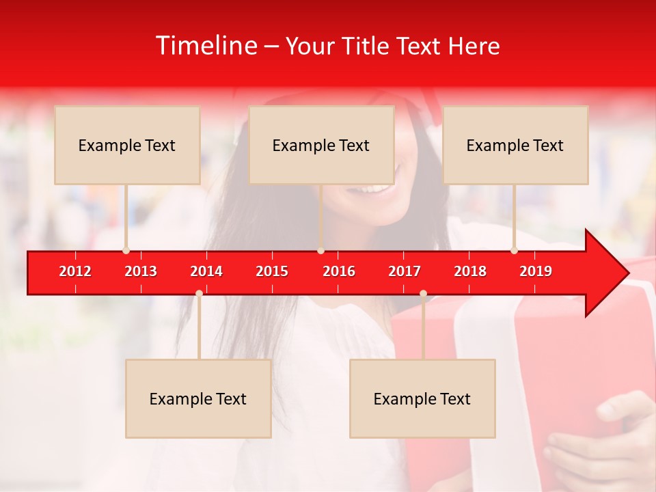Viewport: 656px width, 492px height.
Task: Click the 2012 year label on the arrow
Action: [x=75, y=271]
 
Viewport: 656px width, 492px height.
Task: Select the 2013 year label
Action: [x=141, y=271]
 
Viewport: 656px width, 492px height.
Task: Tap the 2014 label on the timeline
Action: [x=206, y=271]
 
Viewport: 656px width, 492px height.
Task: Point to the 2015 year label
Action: [x=272, y=271]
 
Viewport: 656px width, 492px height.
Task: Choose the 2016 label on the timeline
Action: [x=339, y=271]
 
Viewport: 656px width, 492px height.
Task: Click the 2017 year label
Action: [x=405, y=271]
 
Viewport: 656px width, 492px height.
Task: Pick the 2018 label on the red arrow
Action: [x=470, y=271]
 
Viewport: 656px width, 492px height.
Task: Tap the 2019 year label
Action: [x=536, y=271]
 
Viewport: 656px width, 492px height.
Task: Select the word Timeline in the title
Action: [x=205, y=46]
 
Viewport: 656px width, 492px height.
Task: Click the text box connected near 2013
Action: [x=127, y=145]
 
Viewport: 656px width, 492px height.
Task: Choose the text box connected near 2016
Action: [x=321, y=145]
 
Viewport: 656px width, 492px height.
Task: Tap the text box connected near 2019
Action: [x=515, y=145]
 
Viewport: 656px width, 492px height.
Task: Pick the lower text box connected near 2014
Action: [x=198, y=398]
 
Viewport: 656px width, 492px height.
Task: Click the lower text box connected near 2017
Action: [x=422, y=398]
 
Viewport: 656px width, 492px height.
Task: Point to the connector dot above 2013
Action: [x=126, y=250]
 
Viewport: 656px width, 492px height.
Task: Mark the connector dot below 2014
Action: [x=199, y=293]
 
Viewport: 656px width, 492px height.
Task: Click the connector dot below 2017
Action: [x=423, y=293]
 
